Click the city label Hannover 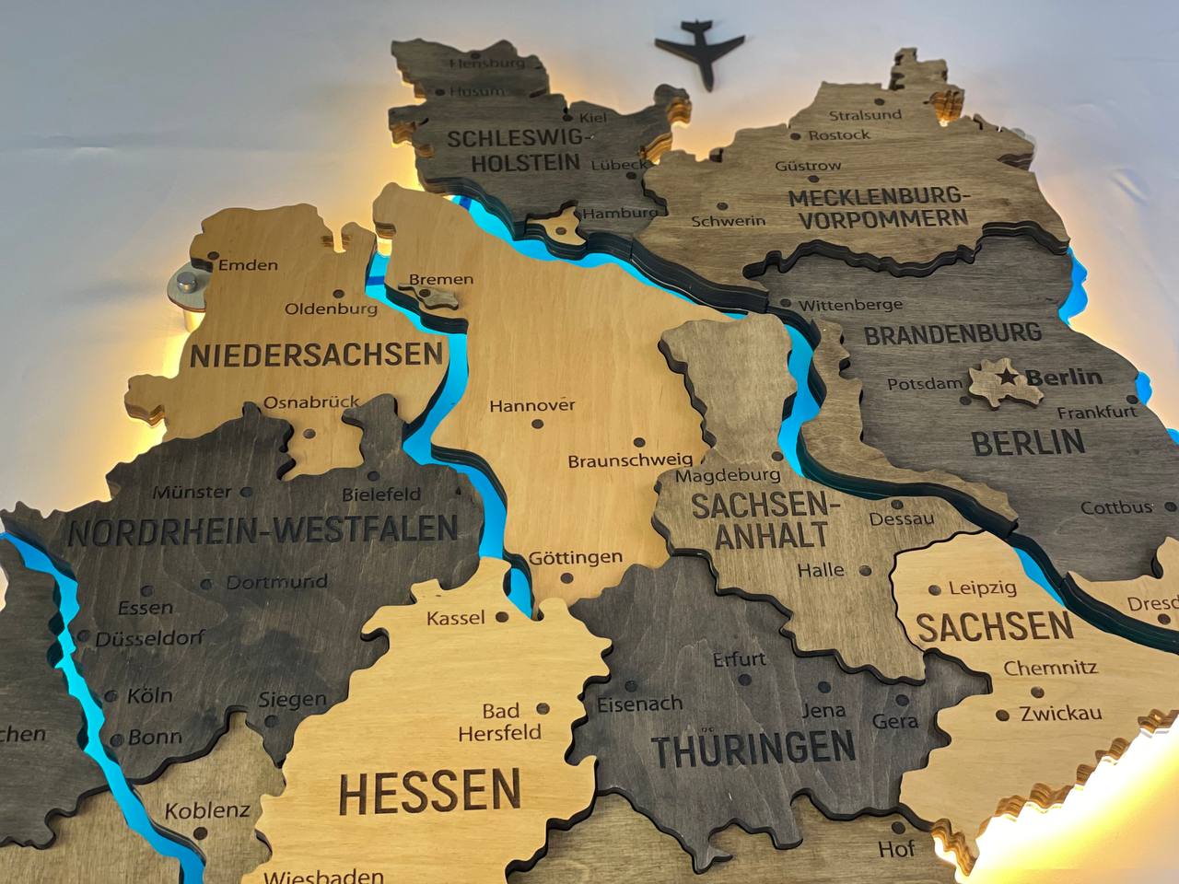(x=531, y=405)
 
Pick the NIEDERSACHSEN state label (x=317, y=354)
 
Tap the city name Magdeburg (x=727, y=476)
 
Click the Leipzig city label (x=982, y=588)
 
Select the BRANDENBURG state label (x=953, y=333)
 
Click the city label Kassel (x=455, y=617)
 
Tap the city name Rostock (x=838, y=134)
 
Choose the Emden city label (x=248, y=265)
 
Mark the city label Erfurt (x=739, y=659)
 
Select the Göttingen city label (x=576, y=558)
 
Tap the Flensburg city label (x=487, y=64)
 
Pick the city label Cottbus (x=1116, y=507)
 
